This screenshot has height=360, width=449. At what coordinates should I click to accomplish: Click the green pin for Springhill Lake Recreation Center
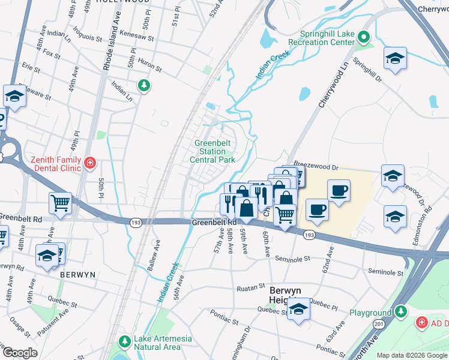point(364,38)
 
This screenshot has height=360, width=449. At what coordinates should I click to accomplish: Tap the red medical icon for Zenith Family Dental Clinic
point(89,163)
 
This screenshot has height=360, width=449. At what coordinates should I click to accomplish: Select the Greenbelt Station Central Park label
point(212,151)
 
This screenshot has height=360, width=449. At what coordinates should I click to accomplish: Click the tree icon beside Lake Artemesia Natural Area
point(124,341)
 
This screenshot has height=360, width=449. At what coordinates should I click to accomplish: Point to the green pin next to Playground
point(401,312)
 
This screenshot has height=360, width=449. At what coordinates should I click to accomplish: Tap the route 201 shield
point(379,324)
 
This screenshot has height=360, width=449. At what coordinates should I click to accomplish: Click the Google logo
point(20,353)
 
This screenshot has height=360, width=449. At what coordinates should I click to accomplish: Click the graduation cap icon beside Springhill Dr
point(395,58)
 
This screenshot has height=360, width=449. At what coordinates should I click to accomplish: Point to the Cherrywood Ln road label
point(334,89)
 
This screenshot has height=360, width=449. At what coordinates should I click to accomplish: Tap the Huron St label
point(150,65)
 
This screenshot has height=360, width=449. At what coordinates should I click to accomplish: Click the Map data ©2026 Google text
point(411,355)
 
